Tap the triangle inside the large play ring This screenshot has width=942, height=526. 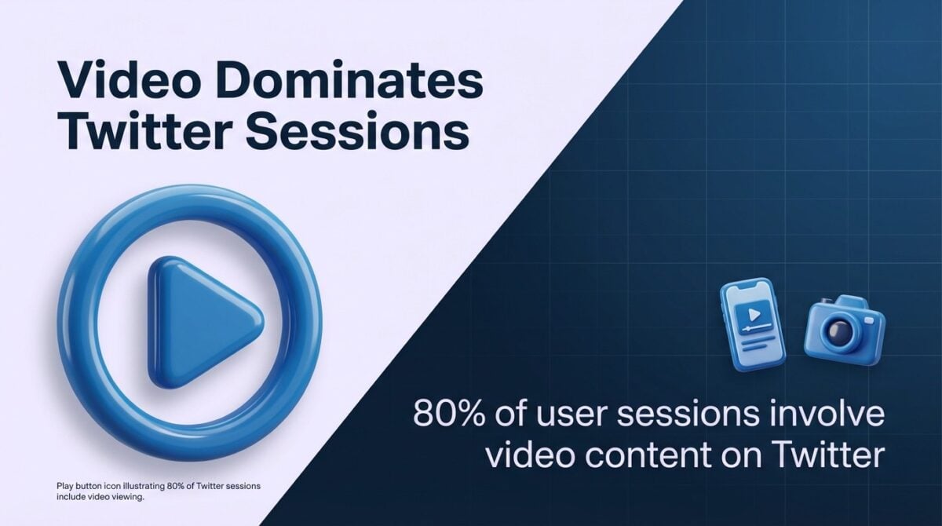click(201, 322)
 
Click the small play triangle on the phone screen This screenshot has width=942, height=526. click(751, 313)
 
